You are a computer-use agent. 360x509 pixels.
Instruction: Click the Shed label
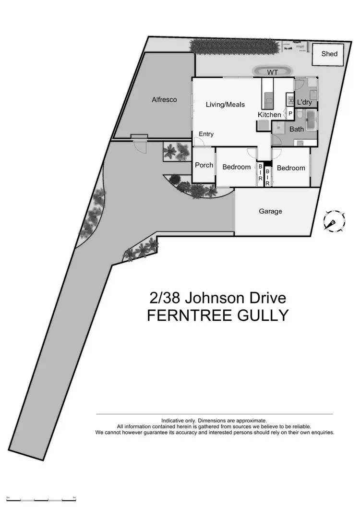click(329, 54)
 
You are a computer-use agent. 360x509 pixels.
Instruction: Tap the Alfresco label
click(164, 100)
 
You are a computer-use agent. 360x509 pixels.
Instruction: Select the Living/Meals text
click(225, 104)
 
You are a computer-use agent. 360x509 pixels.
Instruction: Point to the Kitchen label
click(269, 115)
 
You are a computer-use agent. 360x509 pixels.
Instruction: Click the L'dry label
click(305, 102)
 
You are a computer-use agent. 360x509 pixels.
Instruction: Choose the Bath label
click(296, 129)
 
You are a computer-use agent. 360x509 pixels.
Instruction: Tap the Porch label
click(204, 165)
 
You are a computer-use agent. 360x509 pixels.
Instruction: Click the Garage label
click(270, 211)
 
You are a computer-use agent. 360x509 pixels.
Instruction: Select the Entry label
click(206, 134)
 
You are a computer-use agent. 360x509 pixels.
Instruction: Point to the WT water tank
click(273, 72)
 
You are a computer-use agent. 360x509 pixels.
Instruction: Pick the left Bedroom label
click(236, 167)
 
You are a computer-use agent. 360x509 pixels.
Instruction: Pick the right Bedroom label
click(290, 168)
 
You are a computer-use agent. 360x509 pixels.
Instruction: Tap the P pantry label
click(290, 113)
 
